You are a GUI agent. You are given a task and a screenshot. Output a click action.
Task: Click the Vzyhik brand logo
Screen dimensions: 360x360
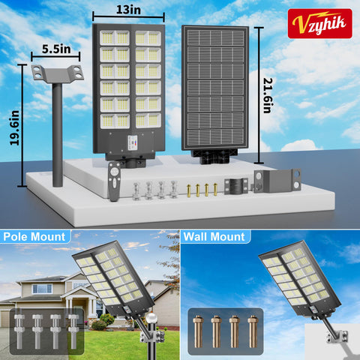click(320, 23)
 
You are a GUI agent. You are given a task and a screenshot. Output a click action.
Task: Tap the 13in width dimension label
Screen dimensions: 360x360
click(128, 10)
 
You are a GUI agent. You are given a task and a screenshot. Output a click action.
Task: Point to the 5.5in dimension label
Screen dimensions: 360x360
click(56, 49)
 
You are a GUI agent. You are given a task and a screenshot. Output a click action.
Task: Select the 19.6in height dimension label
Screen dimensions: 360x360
click(14, 127)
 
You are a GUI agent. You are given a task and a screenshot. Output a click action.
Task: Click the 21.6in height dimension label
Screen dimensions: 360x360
click(268, 95)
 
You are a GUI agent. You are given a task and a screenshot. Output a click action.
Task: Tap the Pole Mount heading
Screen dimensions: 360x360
click(34, 237)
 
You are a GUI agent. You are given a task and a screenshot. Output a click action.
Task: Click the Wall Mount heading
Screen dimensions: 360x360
click(214, 237)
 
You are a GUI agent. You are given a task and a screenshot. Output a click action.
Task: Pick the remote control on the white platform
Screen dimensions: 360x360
click(115, 181)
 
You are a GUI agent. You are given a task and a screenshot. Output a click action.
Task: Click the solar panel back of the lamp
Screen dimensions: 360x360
click(215, 88)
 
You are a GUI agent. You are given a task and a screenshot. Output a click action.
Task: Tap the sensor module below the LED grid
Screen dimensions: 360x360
click(133, 142)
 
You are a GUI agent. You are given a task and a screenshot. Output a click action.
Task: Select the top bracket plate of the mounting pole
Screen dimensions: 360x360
click(58, 73)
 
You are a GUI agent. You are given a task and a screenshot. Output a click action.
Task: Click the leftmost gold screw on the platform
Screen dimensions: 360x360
click(189, 190)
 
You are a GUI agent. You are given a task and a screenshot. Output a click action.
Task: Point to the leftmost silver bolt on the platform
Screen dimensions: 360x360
click(136, 191)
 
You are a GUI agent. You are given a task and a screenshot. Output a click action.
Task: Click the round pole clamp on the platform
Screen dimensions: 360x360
click(236, 186)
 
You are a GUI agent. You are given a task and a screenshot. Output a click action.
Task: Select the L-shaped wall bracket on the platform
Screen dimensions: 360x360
click(277, 181)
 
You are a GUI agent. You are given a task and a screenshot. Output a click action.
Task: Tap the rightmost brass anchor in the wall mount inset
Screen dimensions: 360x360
click(253, 331)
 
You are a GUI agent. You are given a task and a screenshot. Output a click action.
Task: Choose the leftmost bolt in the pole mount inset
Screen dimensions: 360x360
click(19, 331)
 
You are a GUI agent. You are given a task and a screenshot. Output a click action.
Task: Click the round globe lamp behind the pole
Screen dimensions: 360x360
click(151, 318)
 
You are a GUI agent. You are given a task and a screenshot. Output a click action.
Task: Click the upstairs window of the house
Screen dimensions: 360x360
click(42, 289)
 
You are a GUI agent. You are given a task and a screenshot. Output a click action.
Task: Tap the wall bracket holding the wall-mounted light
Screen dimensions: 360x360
click(337, 337)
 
